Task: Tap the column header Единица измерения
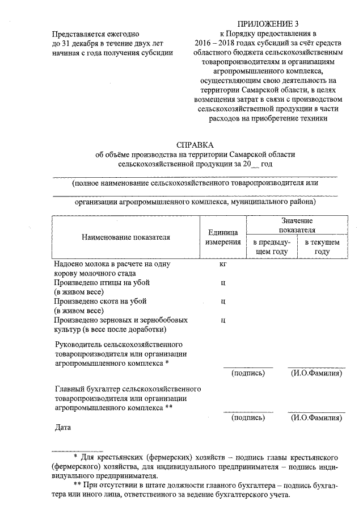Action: tap(222, 237)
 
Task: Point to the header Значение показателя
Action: tap(296, 225)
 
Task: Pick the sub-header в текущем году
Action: tap(322, 246)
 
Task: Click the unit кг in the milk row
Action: tap(223, 264)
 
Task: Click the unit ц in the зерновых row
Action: tap(223, 320)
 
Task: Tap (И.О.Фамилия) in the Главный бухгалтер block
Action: tap(316, 417)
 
